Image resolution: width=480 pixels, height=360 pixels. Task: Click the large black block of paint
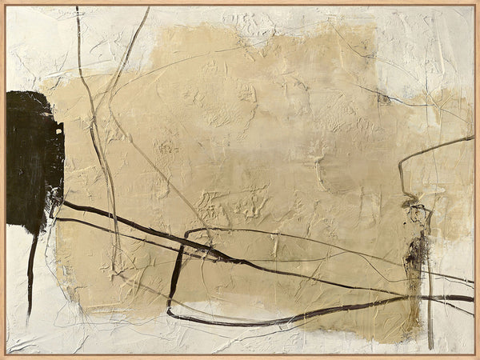click(x=32, y=160)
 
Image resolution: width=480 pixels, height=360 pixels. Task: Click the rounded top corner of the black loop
click(x=188, y=232)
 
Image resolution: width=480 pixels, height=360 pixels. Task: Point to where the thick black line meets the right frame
click(x=472, y=298)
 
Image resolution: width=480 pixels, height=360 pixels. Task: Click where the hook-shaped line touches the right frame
click(x=473, y=137)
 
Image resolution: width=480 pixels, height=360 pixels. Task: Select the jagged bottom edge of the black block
click(x=28, y=228)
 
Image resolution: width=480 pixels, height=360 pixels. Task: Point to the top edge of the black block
click(x=32, y=92)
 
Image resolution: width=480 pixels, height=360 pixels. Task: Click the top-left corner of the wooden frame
click(x=2, y=2)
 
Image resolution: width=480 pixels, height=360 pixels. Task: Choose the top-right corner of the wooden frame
click(x=478, y=2)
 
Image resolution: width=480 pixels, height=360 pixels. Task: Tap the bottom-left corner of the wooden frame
click(x=2, y=357)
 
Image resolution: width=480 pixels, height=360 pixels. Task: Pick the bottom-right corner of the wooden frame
click(x=478, y=357)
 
